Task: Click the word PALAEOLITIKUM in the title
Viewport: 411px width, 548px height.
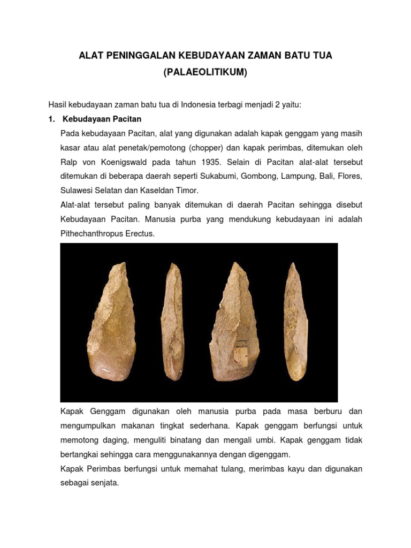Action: pyautogui.click(x=205, y=72)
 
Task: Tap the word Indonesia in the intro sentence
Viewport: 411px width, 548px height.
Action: pyautogui.click(x=196, y=104)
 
